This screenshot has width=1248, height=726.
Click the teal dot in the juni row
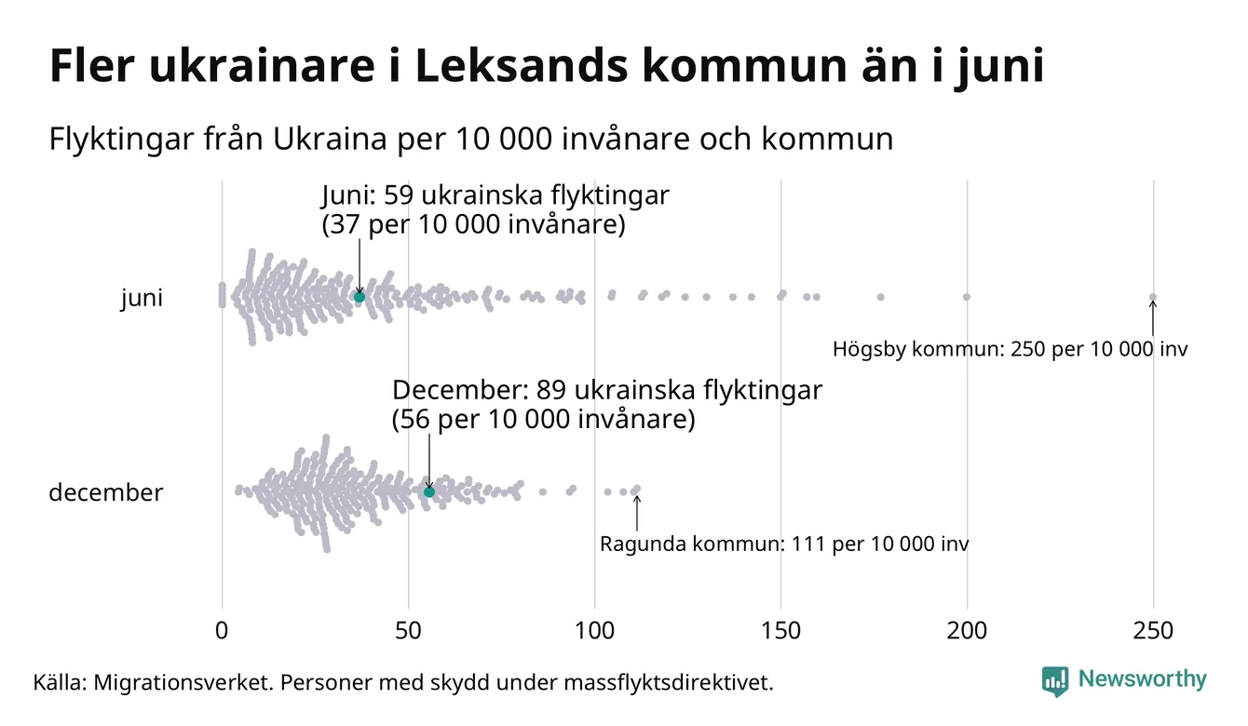tap(359, 297)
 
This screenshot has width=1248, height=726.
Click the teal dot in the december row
tap(429, 491)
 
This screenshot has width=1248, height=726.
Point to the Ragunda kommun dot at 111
tap(636, 489)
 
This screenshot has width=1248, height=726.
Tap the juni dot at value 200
tap(967, 297)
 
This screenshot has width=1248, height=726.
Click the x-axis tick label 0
tap(222, 631)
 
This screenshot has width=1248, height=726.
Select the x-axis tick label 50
tap(408, 631)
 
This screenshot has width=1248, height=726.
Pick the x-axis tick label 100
tap(594, 631)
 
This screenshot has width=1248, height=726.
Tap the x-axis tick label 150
tap(780, 631)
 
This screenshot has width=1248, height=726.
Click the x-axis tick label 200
tap(967, 631)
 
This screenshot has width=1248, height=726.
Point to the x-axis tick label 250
tap(1153, 631)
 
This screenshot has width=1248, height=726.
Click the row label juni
tap(142, 299)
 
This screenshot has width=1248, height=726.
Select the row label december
tap(105, 492)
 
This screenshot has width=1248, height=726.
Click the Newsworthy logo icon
tap(1055, 681)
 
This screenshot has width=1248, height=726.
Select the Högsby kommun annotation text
tap(1011, 350)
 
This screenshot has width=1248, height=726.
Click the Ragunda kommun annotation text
tap(784, 544)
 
